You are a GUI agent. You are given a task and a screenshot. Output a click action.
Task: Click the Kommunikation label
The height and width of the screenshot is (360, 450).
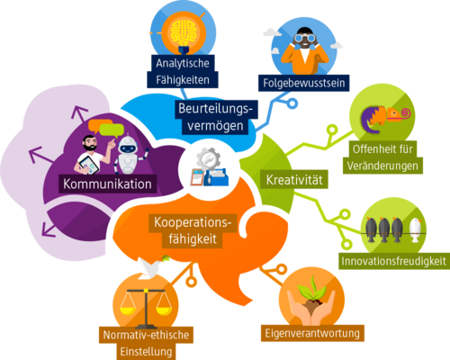pos(107,184)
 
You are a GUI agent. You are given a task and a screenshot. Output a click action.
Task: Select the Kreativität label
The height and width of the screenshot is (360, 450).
pos(294,180)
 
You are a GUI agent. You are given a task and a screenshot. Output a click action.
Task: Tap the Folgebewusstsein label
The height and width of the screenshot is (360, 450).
pos(304,83)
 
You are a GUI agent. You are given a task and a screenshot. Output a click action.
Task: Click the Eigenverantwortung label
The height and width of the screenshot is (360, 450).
pos(312,333)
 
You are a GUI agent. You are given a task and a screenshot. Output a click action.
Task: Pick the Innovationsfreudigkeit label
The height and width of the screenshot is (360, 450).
pos(394,261)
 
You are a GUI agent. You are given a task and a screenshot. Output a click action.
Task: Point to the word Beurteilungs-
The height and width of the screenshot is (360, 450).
pos(215,109)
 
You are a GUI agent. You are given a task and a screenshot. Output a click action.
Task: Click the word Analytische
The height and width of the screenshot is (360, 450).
pos(183,63)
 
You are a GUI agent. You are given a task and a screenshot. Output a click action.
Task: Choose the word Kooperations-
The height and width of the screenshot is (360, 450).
pos(193,222)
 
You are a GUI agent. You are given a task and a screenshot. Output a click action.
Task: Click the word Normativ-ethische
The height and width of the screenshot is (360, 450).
pos(146,335)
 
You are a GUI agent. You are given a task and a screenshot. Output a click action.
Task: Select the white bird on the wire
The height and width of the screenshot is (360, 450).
pos(416,230)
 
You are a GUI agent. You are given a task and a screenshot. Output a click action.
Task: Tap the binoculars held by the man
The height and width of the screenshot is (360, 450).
pos(305,38)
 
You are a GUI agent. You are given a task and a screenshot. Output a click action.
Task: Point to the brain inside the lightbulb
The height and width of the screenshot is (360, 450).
pos(184,32)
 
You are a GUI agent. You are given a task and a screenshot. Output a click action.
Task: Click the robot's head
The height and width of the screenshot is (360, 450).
pos(128,146)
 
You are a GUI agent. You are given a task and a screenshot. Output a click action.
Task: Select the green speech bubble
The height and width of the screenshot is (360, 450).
pos(112,130)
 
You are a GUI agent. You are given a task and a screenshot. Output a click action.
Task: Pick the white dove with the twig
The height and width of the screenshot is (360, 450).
pos(151,267)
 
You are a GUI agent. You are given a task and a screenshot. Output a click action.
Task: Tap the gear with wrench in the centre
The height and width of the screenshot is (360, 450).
pos(209,159)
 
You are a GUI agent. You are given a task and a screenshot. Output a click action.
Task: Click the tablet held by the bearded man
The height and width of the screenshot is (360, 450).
pos(88,166)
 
